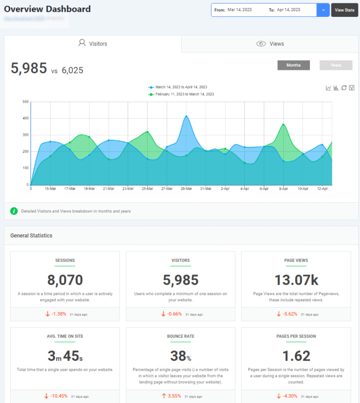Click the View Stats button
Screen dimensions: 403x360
[x=345, y=10]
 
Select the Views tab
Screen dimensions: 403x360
[x=270, y=44]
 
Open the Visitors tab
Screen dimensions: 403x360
[x=93, y=44]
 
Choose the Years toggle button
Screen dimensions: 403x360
[x=336, y=65]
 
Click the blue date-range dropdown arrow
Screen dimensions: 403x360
[x=323, y=10]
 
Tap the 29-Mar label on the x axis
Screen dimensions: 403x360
[x=186, y=189]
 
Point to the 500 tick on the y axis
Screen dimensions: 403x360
[x=26, y=101]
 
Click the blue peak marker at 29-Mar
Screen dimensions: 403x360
[x=186, y=116]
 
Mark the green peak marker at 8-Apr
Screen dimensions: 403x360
[x=284, y=125]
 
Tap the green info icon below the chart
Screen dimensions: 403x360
[x=14, y=211]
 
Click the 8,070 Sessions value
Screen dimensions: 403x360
[x=65, y=280]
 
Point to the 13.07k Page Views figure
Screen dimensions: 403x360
[x=296, y=280]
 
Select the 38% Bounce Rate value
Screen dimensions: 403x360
[x=180, y=356]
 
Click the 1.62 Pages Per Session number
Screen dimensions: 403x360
[x=296, y=356]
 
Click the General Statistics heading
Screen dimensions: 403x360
[x=31, y=236]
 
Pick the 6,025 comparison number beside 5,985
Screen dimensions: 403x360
[x=72, y=70]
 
